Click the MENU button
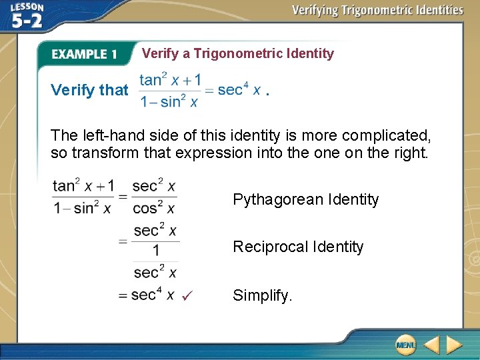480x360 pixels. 405,344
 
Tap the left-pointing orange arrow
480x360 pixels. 431,345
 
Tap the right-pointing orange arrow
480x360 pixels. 454,345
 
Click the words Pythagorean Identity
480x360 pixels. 305,199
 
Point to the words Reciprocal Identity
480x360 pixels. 298,247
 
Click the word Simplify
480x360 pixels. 262,295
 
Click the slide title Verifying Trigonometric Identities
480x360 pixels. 377,10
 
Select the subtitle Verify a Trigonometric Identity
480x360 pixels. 238,53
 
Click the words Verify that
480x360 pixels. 89,90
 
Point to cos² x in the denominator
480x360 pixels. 154,208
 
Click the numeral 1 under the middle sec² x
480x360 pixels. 155,251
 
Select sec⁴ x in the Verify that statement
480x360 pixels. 239,90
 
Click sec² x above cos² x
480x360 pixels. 154,186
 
